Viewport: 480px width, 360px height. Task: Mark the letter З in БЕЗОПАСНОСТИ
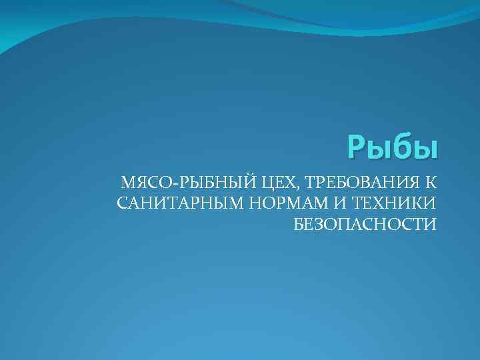[317, 224]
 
